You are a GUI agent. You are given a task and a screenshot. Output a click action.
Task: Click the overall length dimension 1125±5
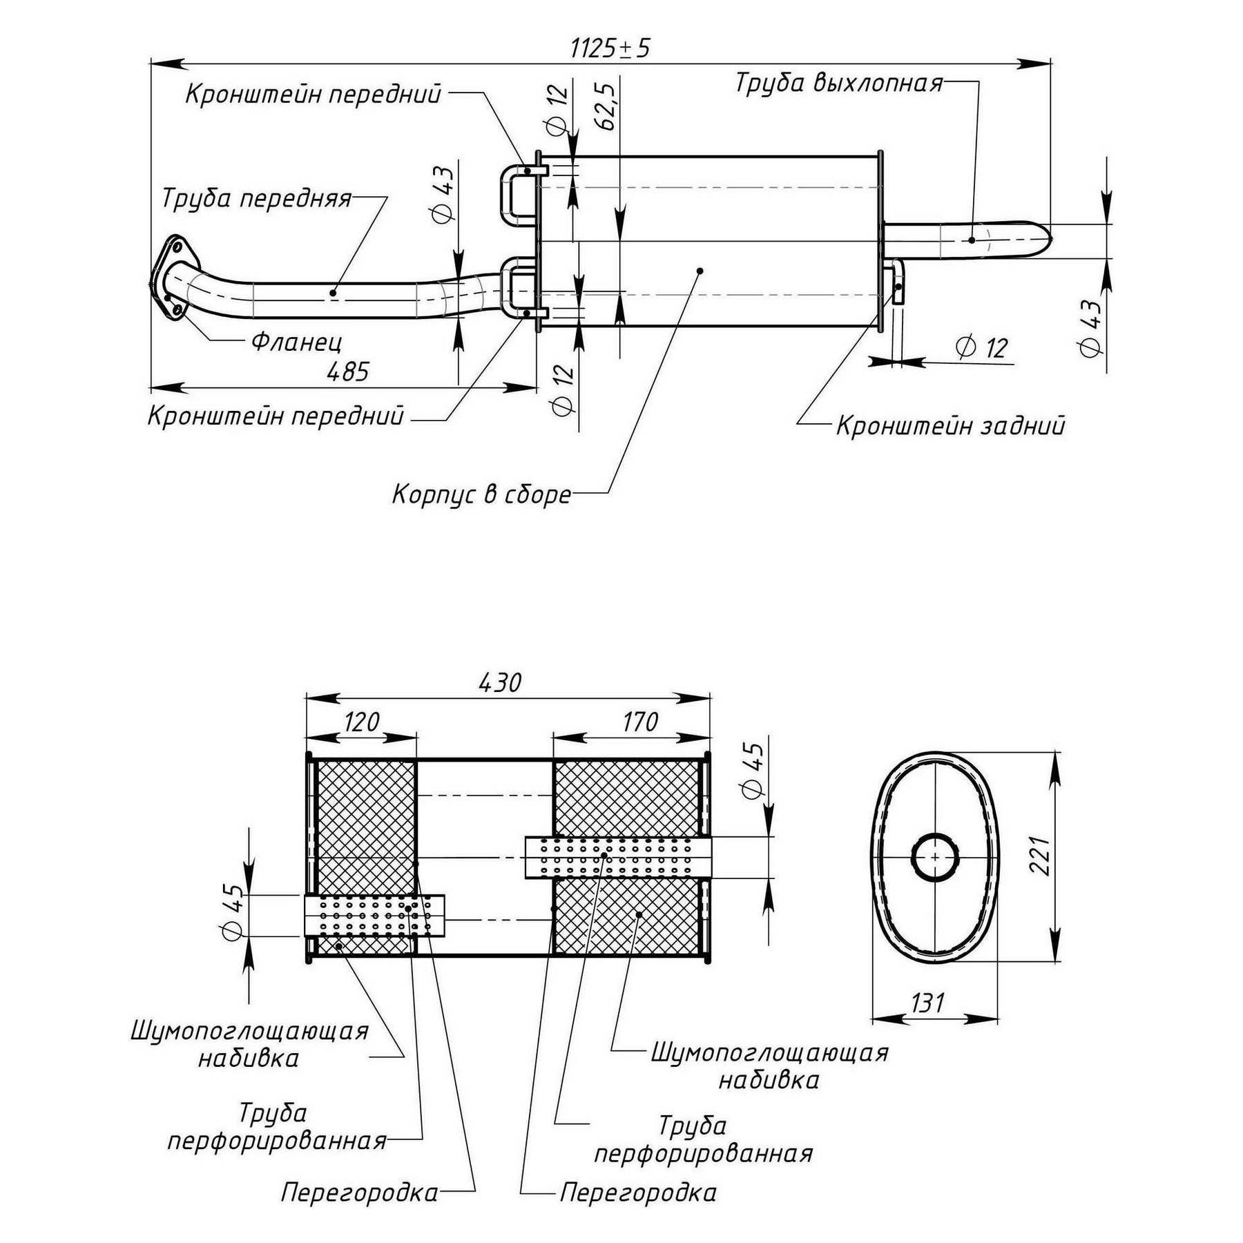[610, 48]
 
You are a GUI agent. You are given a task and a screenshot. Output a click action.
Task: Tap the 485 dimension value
[348, 372]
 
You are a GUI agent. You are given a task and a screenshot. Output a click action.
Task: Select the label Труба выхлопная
[839, 82]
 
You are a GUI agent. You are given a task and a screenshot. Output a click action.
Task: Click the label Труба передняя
[256, 199]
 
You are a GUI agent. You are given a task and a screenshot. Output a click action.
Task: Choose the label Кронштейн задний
[950, 425]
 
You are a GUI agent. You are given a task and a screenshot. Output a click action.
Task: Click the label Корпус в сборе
[482, 494]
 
